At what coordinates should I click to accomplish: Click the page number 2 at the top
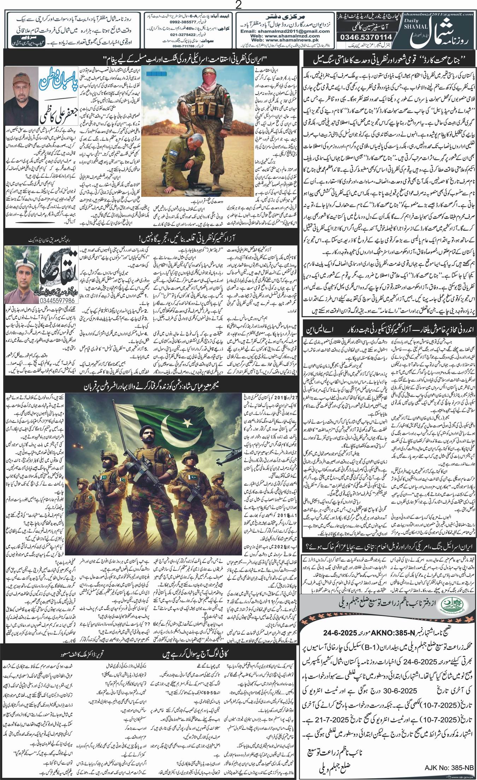238,5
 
